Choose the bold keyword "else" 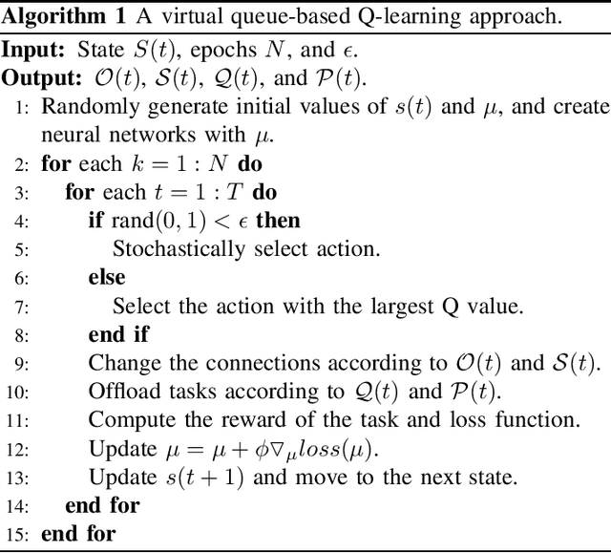tap(106, 278)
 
